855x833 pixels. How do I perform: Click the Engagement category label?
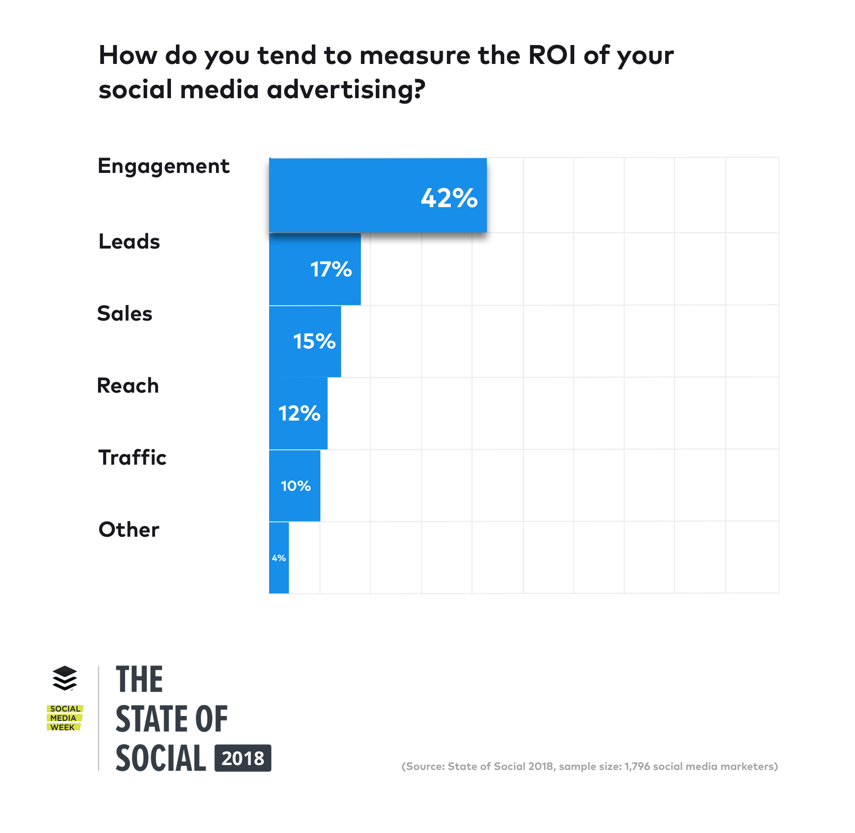(x=163, y=167)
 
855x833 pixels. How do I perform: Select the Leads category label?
(x=129, y=242)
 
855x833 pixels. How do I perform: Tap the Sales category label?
(x=125, y=314)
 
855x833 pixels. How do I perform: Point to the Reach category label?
(x=128, y=386)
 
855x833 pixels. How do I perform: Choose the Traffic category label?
(x=132, y=458)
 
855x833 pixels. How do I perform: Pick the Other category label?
(x=129, y=530)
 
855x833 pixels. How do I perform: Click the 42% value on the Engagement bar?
(x=449, y=198)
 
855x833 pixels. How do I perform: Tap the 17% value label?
(x=331, y=269)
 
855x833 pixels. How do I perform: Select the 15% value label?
(x=314, y=341)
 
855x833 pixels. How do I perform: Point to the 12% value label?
(x=299, y=413)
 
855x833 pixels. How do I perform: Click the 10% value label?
(x=296, y=486)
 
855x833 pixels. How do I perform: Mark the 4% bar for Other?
(x=279, y=558)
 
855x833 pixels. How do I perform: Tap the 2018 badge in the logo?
(x=243, y=758)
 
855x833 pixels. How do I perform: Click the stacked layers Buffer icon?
(x=65, y=678)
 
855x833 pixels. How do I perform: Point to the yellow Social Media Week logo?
(x=64, y=718)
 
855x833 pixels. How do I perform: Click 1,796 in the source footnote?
(x=637, y=766)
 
